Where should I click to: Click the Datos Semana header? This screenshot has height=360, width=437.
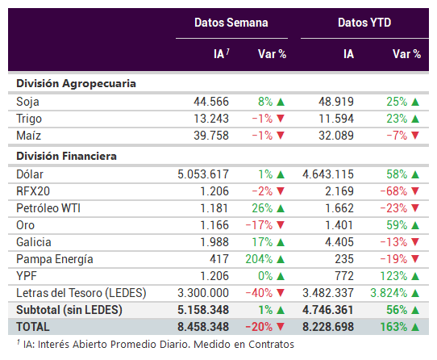click(x=231, y=23)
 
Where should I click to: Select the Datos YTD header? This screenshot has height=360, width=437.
click(x=364, y=23)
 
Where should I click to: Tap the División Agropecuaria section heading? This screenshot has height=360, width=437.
click(x=76, y=84)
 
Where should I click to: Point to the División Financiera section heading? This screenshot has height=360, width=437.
click(x=66, y=156)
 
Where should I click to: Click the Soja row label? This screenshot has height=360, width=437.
click(x=27, y=102)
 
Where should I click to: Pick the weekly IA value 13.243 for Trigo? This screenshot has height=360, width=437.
click(x=211, y=119)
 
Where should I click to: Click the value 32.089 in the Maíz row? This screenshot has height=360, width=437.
click(x=336, y=136)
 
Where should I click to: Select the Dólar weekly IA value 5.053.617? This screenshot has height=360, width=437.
click(x=203, y=174)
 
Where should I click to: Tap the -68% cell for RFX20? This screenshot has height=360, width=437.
click(x=393, y=191)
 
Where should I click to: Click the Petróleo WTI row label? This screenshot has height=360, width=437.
click(x=48, y=208)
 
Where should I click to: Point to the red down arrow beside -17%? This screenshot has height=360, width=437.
click(x=281, y=225)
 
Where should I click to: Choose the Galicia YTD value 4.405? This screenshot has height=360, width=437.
click(x=339, y=242)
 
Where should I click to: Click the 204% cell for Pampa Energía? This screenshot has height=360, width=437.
click(x=259, y=259)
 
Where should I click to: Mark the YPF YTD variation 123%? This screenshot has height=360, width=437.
click(x=393, y=276)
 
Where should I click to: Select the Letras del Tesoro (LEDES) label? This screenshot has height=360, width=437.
click(x=81, y=293)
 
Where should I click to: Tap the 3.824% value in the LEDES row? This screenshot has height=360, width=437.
click(x=389, y=293)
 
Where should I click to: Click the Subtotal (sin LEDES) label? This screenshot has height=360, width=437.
click(x=69, y=310)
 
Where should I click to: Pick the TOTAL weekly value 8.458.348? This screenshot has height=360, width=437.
click(x=203, y=327)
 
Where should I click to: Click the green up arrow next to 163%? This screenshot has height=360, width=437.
click(x=415, y=327)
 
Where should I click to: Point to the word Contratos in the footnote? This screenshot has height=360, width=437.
click(x=271, y=345)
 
